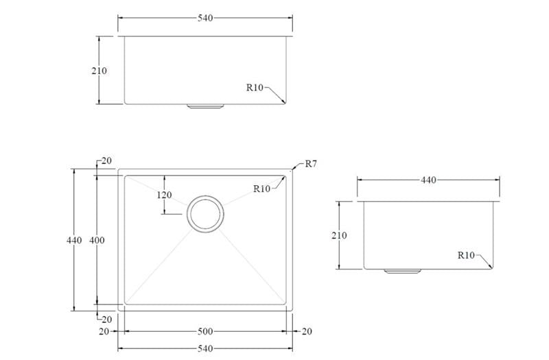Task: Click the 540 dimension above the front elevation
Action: tap(205, 19)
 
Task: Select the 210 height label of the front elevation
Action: tap(98, 71)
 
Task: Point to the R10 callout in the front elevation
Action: tap(255, 87)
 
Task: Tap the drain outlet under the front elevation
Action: tap(205, 106)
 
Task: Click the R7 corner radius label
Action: tap(311, 163)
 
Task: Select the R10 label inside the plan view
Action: tap(261, 189)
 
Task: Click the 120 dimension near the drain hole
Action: tap(164, 195)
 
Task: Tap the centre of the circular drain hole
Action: tap(205, 214)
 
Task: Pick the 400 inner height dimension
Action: tap(97, 240)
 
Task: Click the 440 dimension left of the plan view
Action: tap(74, 240)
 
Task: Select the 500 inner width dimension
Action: tap(205, 331)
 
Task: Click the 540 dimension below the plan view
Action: tap(205, 349)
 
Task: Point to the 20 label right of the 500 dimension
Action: tap(306, 331)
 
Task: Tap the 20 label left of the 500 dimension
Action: tap(104, 331)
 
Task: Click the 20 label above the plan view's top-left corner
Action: tap(106, 161)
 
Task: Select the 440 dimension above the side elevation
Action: tap(428, 180)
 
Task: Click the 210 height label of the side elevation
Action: tap(338, 236)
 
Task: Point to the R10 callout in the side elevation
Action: tap(466, 255)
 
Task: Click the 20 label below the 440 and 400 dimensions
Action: tap(106, 319)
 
